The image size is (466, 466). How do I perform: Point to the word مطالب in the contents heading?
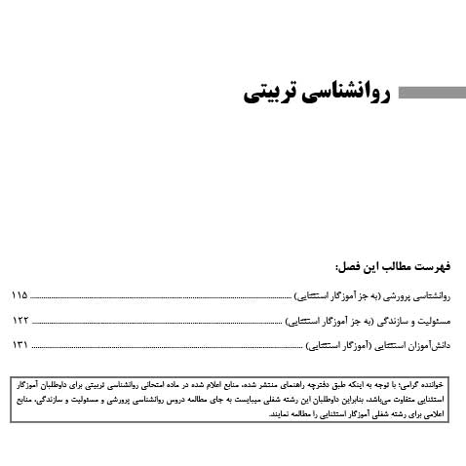pos(389,265)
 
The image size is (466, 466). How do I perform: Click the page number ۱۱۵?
pos(19,293)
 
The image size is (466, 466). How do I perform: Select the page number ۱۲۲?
pos(19,320)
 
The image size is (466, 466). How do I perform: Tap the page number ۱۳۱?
pos(19,345)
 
